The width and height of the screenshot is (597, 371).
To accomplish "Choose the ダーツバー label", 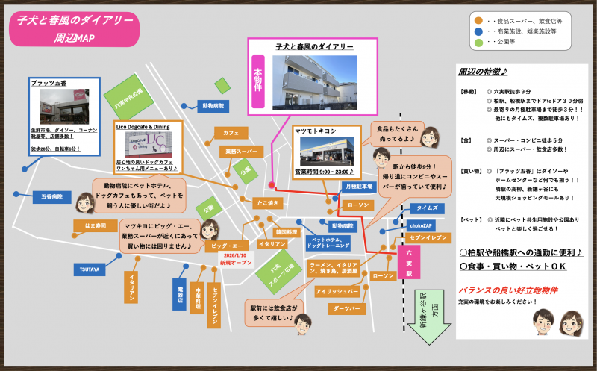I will point(347,308).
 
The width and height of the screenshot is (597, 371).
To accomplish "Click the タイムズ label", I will point(427,208).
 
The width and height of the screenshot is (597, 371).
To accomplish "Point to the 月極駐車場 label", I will point(358,186).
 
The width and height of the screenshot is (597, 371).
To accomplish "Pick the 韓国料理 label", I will point(287,232).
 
